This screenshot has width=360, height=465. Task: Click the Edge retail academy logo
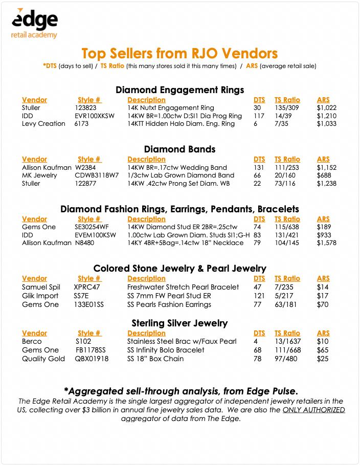[34, 24]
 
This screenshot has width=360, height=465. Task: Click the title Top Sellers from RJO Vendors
[179, 53]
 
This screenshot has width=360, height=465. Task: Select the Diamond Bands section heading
[179, 149]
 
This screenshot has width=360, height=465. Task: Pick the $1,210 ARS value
[326, 116]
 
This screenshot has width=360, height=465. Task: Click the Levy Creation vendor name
[43, 124]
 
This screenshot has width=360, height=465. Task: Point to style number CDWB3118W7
[97, 175]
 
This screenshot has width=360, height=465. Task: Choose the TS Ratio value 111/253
[285, 167]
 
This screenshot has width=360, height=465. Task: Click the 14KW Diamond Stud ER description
[182, 227]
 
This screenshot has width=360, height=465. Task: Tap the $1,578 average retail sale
[327, 242]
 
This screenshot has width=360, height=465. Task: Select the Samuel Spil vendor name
[41, 287]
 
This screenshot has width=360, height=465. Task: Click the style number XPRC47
[87, 287]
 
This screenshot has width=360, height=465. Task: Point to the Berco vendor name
[32, 341]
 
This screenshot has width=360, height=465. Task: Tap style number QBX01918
[92, 359]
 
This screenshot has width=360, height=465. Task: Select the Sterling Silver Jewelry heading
[179, 323]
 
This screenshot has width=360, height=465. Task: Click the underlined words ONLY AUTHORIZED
[314, 410]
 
